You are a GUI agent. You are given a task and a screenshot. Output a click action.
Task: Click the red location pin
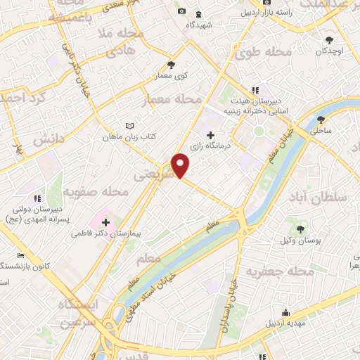pyautogui.click(x=181, y=165)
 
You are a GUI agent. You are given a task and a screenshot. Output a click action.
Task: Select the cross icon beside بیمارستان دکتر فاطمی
pyautogui.click(x=106, y=222)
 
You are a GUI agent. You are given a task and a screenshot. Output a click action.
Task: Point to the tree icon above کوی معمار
pyautogui.click(x=171, y=65)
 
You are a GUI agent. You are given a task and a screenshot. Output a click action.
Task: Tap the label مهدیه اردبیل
pyautogui.click(x=285, y=324)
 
